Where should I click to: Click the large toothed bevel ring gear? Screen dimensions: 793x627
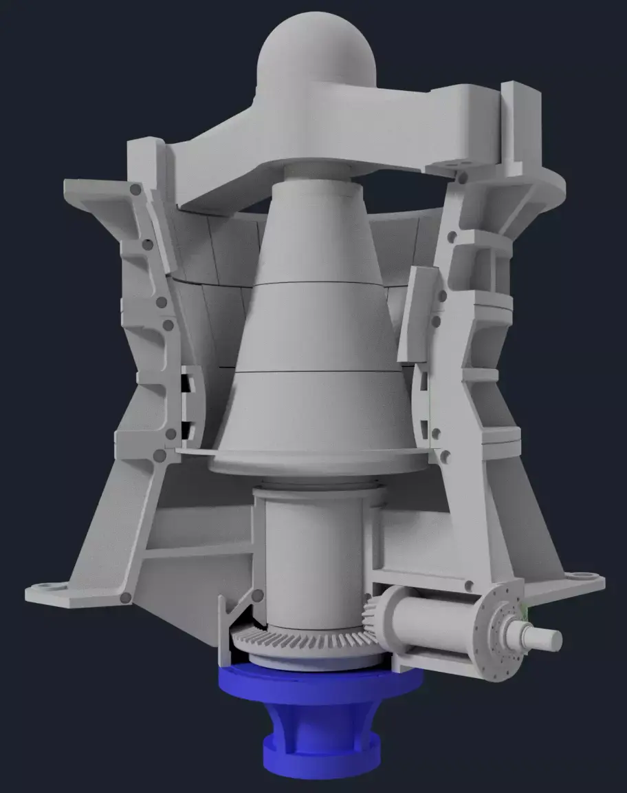click(302, 644)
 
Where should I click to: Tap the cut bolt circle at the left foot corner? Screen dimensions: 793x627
click(129, 593)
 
